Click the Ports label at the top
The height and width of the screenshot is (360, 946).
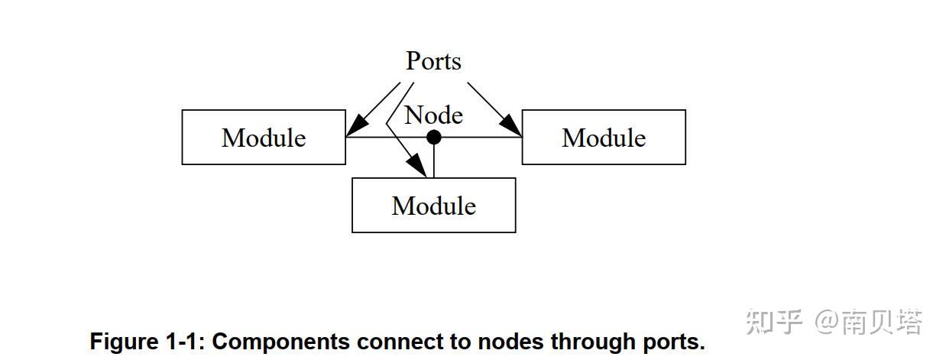pyautogui.click(x=433, y=61)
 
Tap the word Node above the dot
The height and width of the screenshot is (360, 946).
pyautogui.click(x=433, y=115)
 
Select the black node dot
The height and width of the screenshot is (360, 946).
pyautogui.click(x=433, y=138)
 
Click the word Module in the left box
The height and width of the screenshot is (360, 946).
pyautogui.click(x=264, y=138)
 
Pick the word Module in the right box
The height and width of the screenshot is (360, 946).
pyautogui.click(x=604, y=138)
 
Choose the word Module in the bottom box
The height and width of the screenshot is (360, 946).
pyautogui.click(x=433, y=206)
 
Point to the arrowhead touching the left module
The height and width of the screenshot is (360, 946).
pyautogui.click(x=355, y=128)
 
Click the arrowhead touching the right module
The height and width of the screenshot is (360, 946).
pyautogui.click(x=513, y=128)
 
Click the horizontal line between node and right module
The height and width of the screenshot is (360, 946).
pyautogui.click(x=478, y=138)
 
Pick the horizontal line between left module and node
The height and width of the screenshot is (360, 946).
pyautogui.click(x=386, y=138)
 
